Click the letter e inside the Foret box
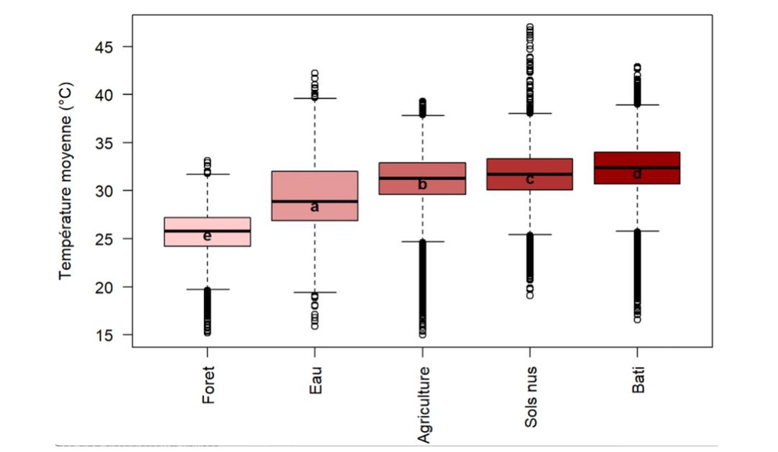click(207, 236)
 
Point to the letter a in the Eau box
click(315, 207)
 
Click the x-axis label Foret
click(208, 384)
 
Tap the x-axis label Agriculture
click(424, 404)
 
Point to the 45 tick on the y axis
click(108, 47)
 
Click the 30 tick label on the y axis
click(108, 191)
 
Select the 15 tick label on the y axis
click(108, 335)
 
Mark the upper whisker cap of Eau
click(315, 98)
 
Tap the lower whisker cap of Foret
click(207, 289)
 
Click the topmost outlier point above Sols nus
click(529, 27)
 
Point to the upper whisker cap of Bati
click(637, 105)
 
